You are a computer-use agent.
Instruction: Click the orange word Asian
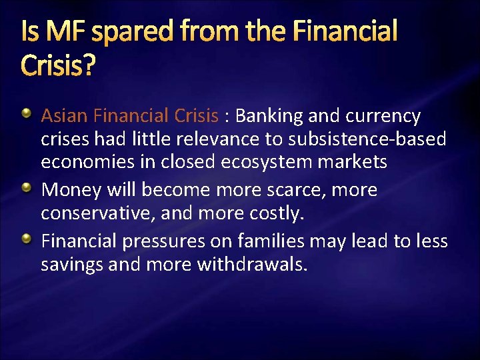click(x=65, y=117)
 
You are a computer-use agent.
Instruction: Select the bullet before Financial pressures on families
click(x=27, y=240)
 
